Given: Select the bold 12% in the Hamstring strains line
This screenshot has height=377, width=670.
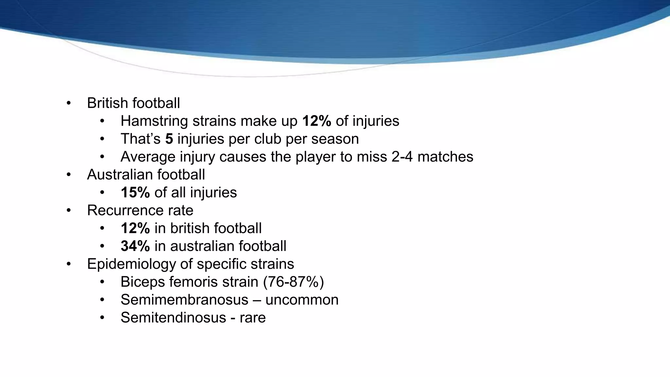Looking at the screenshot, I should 317,121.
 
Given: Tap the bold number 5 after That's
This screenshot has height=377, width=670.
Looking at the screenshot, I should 169,139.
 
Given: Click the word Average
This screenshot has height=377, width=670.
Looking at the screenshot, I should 148,157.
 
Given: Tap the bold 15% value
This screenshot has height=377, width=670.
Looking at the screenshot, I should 135,192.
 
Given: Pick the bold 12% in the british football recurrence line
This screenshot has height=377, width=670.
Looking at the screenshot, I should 135,228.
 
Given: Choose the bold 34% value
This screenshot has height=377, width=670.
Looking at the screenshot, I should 135,246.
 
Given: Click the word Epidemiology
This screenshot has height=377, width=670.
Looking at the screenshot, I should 131,264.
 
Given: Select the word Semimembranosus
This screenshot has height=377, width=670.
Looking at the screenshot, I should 184,300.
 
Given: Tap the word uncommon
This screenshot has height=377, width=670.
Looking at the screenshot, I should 302,300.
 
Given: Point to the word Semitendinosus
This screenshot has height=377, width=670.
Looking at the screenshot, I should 173,317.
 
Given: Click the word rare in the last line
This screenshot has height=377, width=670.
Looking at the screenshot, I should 253,317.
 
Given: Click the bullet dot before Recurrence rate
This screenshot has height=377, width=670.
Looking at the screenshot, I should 68,210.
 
